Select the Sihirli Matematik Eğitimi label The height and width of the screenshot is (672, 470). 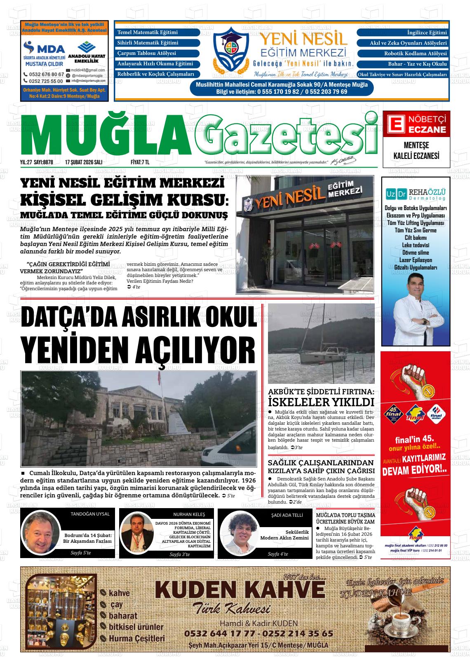point(148,43)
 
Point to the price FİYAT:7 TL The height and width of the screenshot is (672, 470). point(140,162)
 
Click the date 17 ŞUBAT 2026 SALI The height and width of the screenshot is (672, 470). point(84,162)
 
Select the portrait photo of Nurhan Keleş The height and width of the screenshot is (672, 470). point(136,533)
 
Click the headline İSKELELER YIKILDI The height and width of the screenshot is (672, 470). point(321,402)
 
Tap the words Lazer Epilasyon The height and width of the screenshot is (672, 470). point(416,260)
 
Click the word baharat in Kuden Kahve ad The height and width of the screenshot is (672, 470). point(123,615)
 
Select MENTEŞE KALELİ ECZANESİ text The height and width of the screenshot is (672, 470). point(416,151)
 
